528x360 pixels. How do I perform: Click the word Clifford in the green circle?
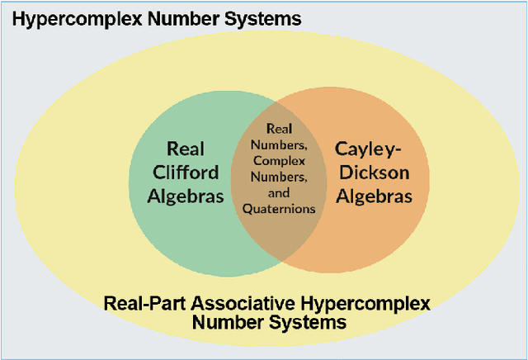pos(186,173)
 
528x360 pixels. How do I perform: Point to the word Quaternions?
pos(279,209)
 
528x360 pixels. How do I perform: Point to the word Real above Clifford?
pos(186,149)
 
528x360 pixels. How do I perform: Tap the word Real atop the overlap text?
pos(278,129)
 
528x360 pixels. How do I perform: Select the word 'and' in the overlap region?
pos(278,192)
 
